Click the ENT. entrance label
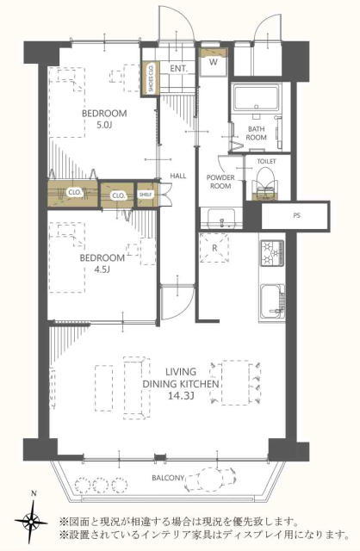[178, 69]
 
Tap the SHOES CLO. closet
[150, 78]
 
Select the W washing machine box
[213, 62]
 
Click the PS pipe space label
[297, 216]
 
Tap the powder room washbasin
[221, 218]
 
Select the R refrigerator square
[214, 248]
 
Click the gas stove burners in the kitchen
[272, 253]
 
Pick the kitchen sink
[272, 301]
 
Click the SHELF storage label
[145, 194]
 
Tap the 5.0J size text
[103, 125]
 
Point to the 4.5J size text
[102, 269]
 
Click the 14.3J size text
[181, 396]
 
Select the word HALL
[178, 176]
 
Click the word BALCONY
[168, 478]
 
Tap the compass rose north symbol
[31, 517]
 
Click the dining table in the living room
[235, 382]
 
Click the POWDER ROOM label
[220, 182]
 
